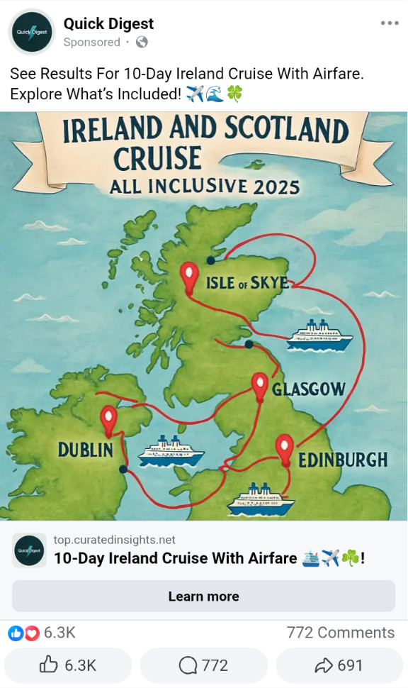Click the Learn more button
pyautogui.click(x=203, y=596)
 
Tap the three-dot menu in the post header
pyautogui.click(x=390, y=23)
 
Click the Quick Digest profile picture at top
pyautogui.click(x=32, y=32)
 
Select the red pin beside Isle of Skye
pyautogui.click(x=189, y=277)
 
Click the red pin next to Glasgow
pyautogui.click(x=260, y=387)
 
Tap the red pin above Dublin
pyautogui.click(x=108, y=420)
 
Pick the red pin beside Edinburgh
pyautogui.click(x=284, y=449)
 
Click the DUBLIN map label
pyautogui.click(x=85, y=450)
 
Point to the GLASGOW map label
pyautogui.click(x=308, y=389)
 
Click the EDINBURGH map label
pyautogui.click(x=343, y=460)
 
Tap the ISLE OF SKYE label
pyautogui.click(x=247, y=283)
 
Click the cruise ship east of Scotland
pyautogui.click(x=319, y=335)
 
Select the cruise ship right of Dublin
pyautogui.click(x=171, y=451)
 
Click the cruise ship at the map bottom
pyautogui.click(x=260, y=500)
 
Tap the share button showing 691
pyautogui.click(x=339, y=665)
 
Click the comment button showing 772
pyautogui.click(x=203, y=665)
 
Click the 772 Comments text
pyautogui.click(x=340, y=632)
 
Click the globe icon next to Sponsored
pyautogui.click(x=142, y=42)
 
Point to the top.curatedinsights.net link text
pyautogui.click(x=114, y=540)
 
